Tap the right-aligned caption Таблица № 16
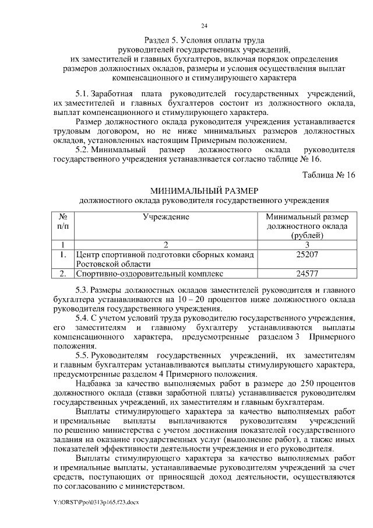click(328, 176)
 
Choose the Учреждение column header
click(166, 217)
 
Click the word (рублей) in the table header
click(307, 235)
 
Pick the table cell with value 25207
click(307, 255)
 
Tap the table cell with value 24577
click(307, 273)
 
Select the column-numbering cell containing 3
click(307, 244)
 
